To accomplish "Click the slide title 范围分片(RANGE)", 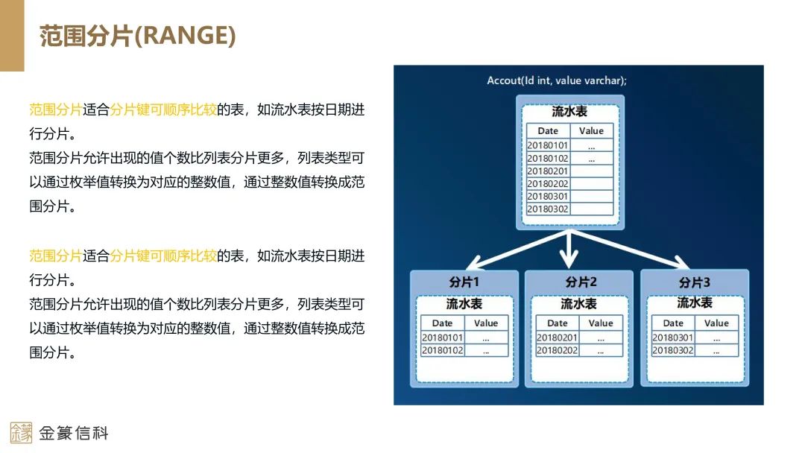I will click(x=137, y=36).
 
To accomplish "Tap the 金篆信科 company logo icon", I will click(x=21, y=432).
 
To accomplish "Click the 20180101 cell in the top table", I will click(x=548, y=145).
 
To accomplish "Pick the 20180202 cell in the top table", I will click(x=548, y=183).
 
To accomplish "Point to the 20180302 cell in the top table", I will click(x=548, y=209).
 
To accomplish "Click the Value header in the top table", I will click(x=591, y=130).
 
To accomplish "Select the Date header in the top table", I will click(x=548, y=130).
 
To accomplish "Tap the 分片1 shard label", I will click(x=464, y=282).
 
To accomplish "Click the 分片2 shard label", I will click(x=580, y=282).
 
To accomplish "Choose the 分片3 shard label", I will click(x=694, y=282).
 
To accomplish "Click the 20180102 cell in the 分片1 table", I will click(x=442, y=350).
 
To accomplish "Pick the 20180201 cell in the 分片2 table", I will click(x=557, y=338).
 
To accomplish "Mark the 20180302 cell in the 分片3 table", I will click(x=672, y=350).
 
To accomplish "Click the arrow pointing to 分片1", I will click(x=507, y=250).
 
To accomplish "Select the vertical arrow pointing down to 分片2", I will click(x=569, y=250).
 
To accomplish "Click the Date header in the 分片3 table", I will click(x=672, y=323).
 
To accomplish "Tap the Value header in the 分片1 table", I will click(x=486, y=323).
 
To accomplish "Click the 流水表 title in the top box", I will click(x=569, y=112).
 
